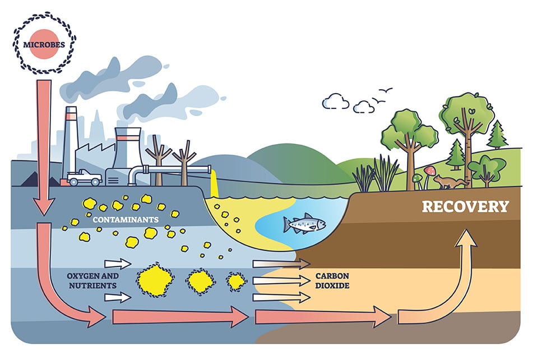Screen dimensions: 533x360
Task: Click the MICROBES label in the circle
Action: coord(44,44)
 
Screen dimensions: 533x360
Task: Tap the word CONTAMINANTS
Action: coord(126,220)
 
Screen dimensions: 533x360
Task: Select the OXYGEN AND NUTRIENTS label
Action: coord(93,281)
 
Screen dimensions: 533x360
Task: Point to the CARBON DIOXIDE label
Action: coord(332,281)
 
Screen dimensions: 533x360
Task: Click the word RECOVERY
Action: coord(465,207)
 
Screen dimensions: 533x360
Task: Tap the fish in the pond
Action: coord(304,224)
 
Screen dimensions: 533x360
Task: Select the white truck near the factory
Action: coord(84,177)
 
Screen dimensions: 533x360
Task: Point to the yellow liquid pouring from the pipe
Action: coord(214,184)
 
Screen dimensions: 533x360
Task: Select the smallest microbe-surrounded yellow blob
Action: coord(237,281)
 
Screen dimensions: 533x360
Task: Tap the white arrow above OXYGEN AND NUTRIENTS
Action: coord(118,264)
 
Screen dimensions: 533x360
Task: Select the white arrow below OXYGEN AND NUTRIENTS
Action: coord(118,298)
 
